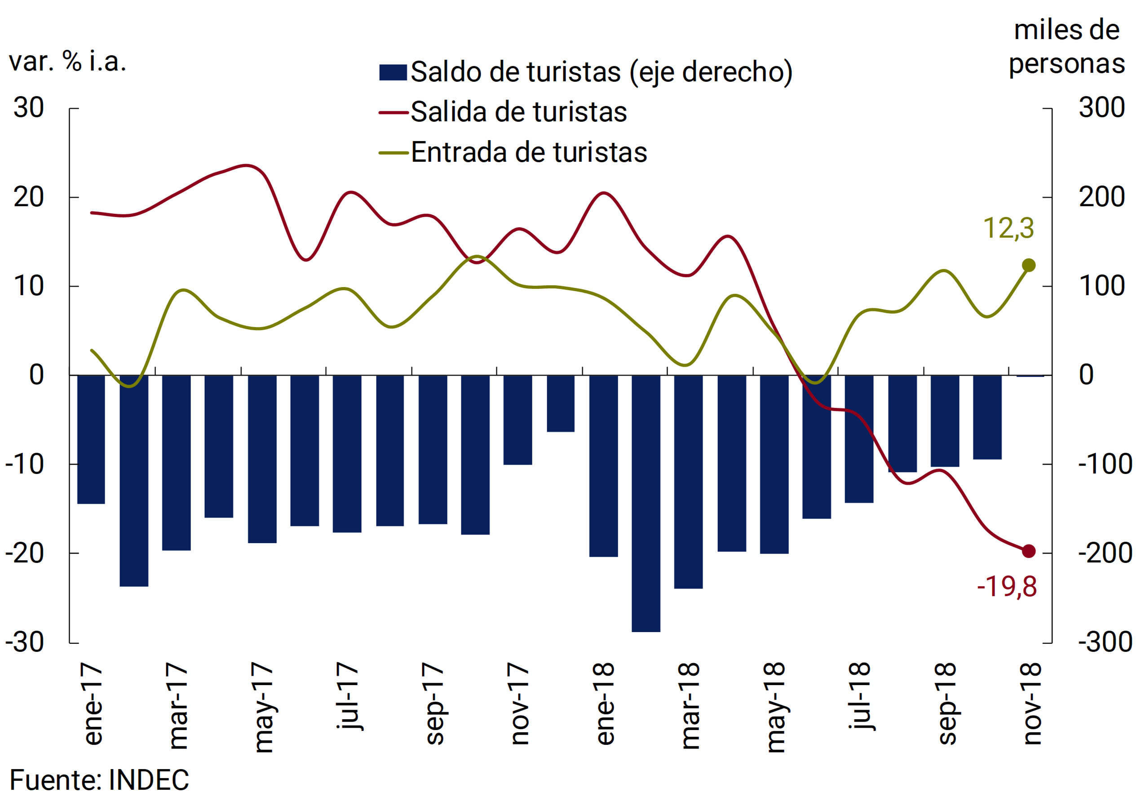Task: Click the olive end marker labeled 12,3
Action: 1028,266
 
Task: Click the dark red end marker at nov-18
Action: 1028,551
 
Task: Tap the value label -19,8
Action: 1007,587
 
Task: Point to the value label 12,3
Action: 1008,229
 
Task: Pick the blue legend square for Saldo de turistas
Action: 393,72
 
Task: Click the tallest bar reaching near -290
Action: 646,503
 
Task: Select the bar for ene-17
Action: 91,439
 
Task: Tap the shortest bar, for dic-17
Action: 561,403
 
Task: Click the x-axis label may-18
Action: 775,707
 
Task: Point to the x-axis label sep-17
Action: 434,703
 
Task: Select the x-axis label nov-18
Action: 1032,703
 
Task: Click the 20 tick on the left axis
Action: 29,197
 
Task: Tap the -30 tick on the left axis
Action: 25,642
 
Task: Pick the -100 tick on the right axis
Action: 1105,464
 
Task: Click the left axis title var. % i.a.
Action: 67,62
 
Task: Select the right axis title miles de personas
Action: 1066,47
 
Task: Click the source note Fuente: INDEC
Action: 99,779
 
